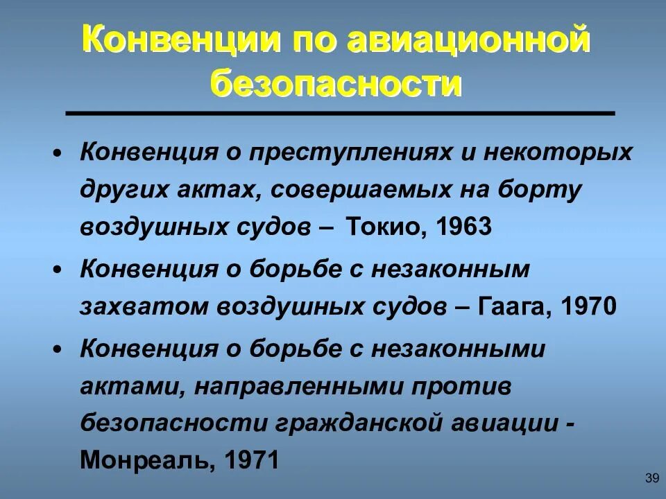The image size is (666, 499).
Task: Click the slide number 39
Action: click(651, 478)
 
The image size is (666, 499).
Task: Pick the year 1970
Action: click(588, 306)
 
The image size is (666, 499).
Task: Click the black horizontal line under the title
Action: click(340, 113)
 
